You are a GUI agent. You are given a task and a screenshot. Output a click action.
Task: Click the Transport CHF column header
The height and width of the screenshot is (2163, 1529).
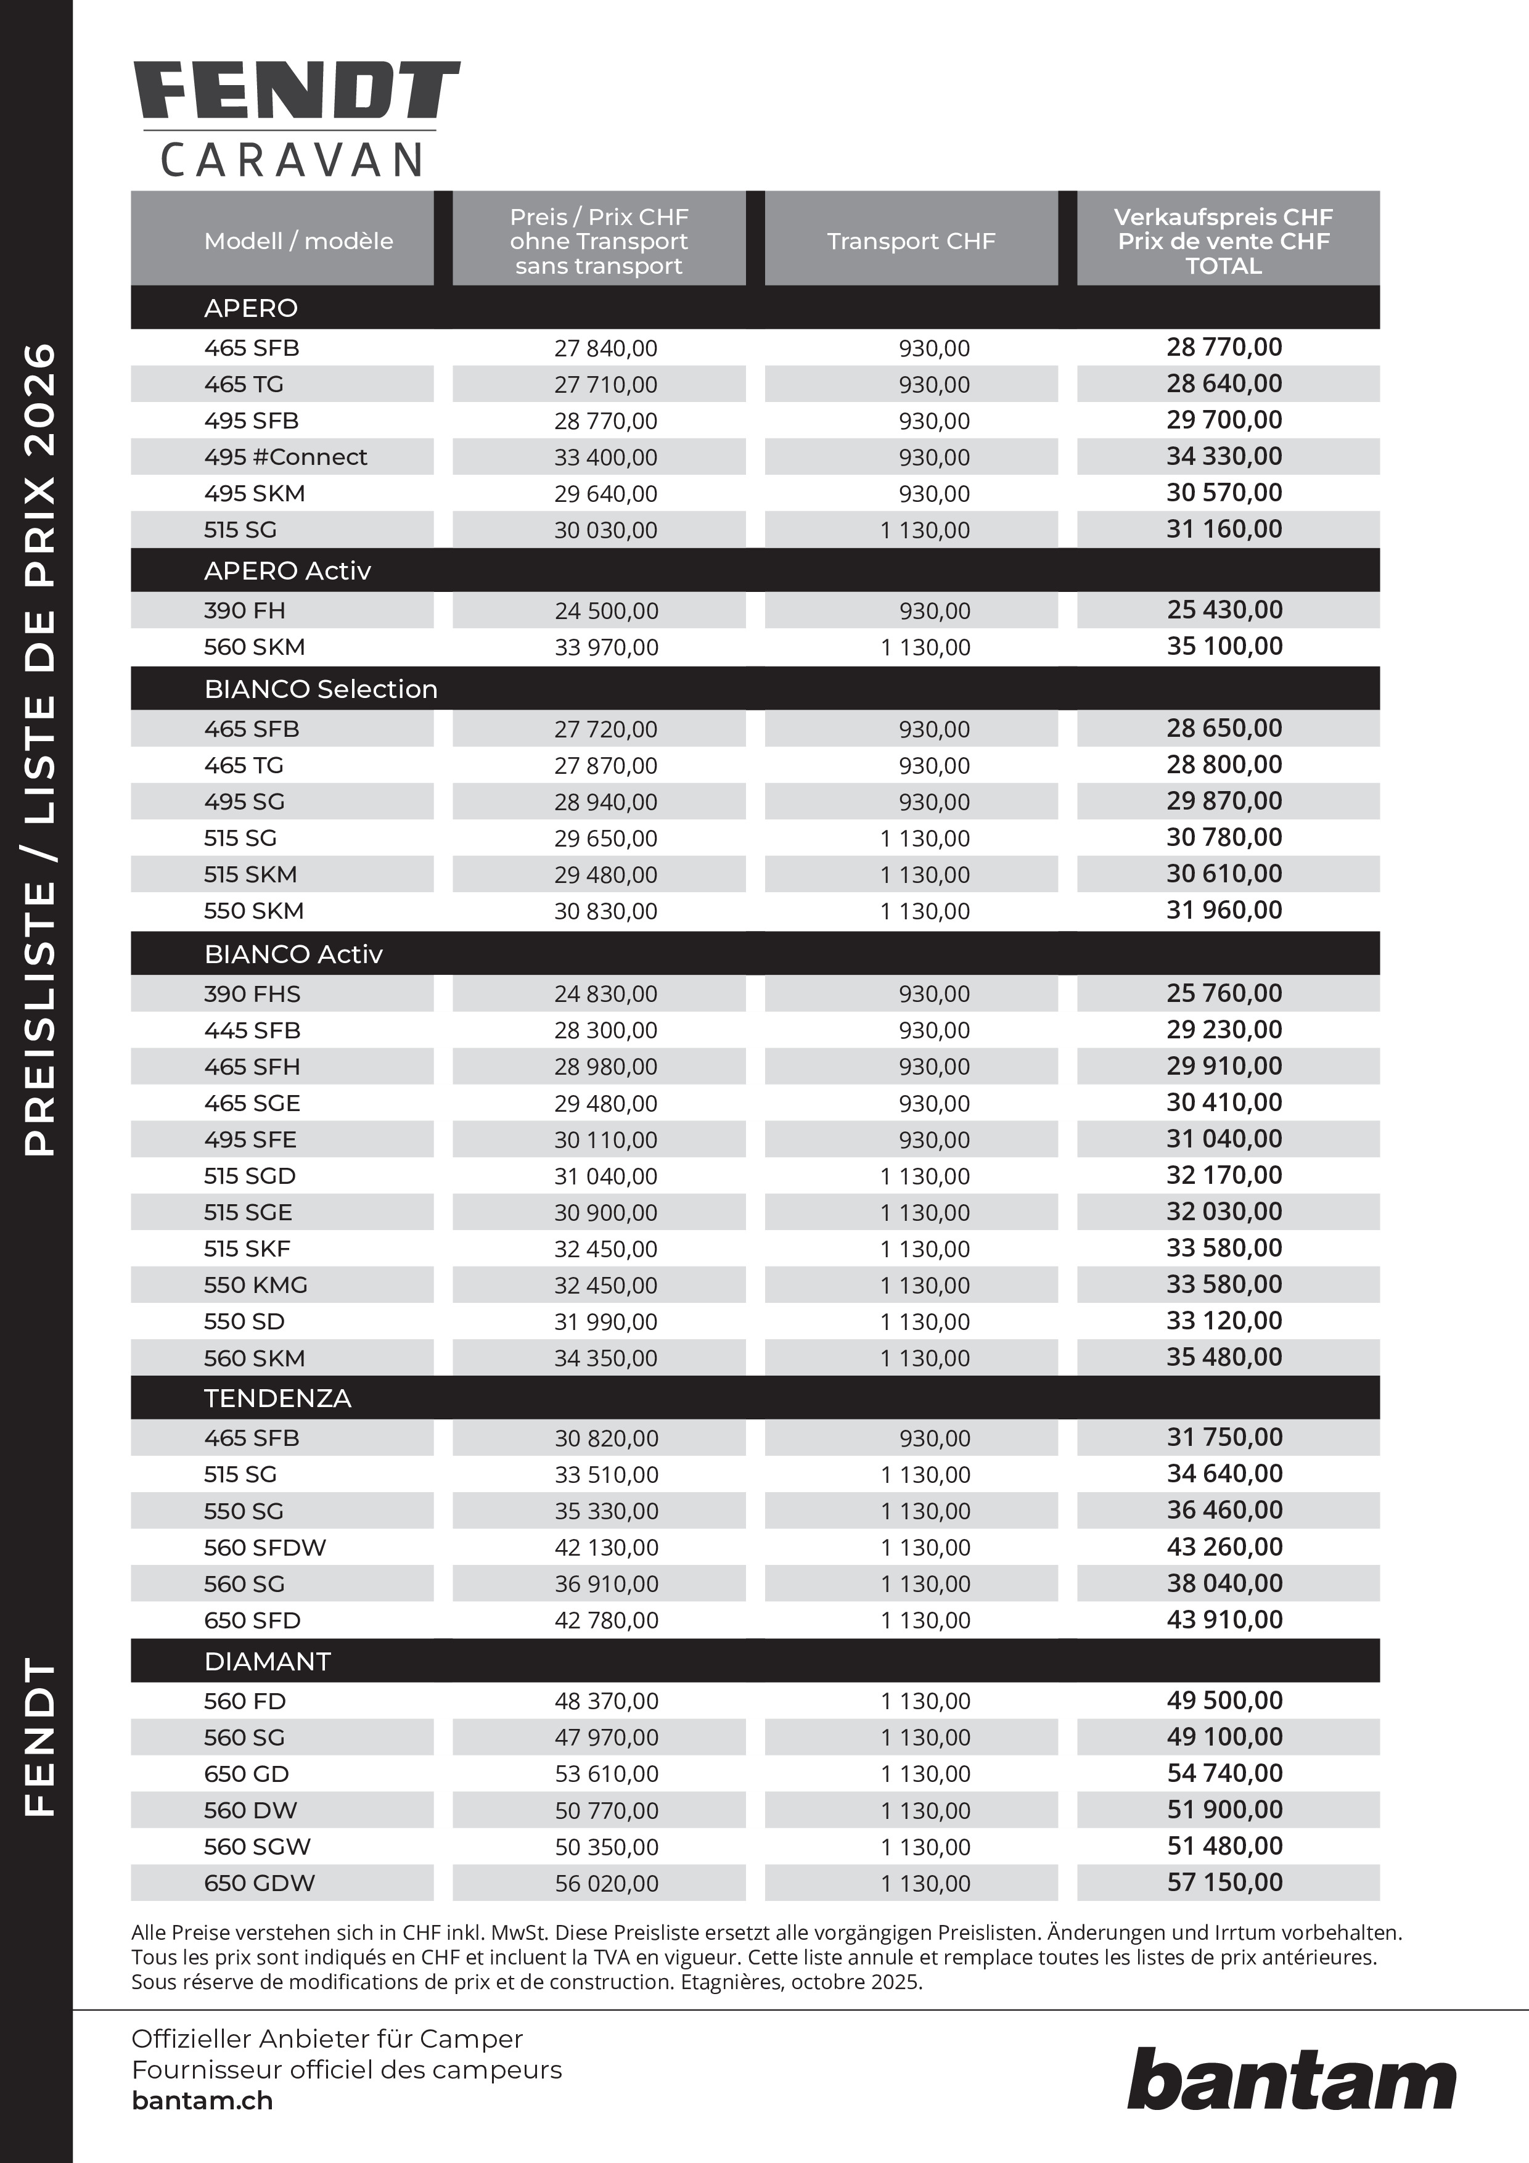click(x=911, y=241)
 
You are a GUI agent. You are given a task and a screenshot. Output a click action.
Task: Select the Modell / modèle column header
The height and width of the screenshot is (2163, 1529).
click(x=298, y=241)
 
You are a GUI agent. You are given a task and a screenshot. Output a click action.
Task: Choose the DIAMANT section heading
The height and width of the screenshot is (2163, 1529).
click(x=268, y=1661)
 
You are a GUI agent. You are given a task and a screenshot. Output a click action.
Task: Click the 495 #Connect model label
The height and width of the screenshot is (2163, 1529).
click(x=285, y=457)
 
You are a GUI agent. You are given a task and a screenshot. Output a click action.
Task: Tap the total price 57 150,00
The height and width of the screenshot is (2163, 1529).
click(x=1224, y=1882)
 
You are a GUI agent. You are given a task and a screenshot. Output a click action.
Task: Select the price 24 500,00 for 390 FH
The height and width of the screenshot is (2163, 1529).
click(x=607, y=610)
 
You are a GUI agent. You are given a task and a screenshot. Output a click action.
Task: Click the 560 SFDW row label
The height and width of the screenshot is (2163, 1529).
click(x=264, y=1547)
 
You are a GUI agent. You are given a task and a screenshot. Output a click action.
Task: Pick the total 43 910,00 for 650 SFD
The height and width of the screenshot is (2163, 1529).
click(x=1224, y=1619)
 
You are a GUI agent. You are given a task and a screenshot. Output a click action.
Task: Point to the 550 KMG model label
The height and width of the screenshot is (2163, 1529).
click(x=255, y=1285)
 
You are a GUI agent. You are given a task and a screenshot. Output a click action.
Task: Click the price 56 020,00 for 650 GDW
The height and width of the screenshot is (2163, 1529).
click(x=607, y=1883)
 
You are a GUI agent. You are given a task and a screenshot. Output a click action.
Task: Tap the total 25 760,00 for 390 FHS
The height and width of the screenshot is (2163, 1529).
click(x=1224, y=993)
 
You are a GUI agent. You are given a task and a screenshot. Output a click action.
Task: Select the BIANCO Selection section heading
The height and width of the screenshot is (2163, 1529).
click(x=321, y=689)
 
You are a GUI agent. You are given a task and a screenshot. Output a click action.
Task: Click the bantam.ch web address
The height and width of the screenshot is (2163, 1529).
click(x=202, y=2101)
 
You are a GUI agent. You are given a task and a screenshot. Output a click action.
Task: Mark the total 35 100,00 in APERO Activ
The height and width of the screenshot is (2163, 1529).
click(x=1224, y=646)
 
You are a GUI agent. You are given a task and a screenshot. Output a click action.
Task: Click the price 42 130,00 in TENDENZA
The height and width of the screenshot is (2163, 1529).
click(x=607, y=1547)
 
